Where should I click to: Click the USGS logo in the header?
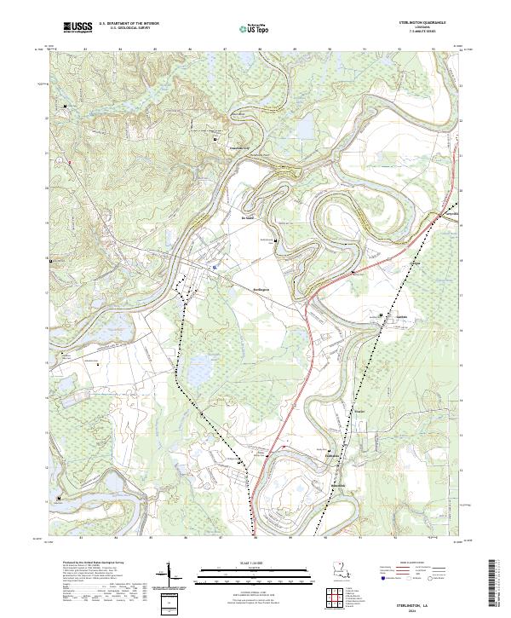[x=77, y=27]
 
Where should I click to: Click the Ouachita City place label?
[x=241, y=148]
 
